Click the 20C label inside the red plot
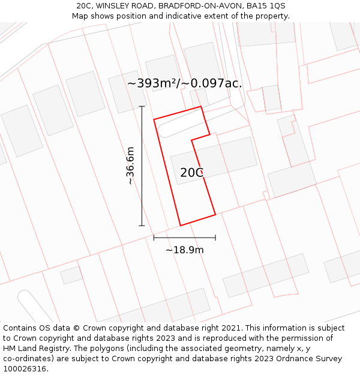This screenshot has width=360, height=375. [192, 173]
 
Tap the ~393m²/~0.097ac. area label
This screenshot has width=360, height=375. [185, 83]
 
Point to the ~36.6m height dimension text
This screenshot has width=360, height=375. [130, 166]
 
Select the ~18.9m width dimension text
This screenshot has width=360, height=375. [185, 250]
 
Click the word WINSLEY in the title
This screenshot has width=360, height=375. [116, 6]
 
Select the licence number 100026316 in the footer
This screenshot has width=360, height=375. [25, 369]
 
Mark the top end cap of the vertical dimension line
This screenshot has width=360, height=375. [142, 107]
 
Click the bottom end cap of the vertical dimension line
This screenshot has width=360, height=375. [142, 226]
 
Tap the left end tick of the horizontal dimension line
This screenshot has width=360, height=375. [154, 238]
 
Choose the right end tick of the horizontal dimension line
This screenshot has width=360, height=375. [215, 238]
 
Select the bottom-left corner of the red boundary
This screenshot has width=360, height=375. [181, 226]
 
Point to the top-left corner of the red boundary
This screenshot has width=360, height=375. [154, 119]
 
